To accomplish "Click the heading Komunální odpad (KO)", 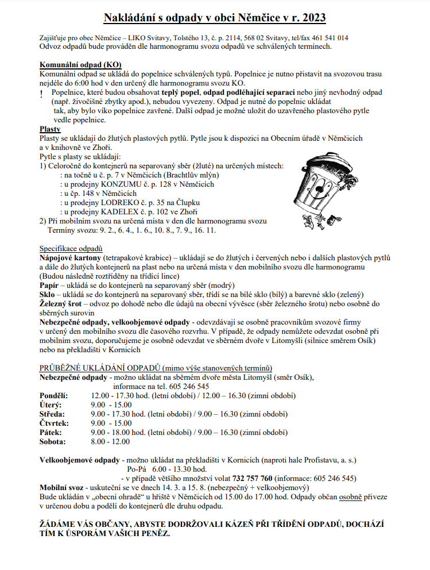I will click(x=80, y=64).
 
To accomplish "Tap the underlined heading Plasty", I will click(x=50, y=129).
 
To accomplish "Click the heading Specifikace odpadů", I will click(x=71, y=248).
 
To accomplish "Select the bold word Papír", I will click(x=49, y=285).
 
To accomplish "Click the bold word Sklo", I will click(x=48, y=294).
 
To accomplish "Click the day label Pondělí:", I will click(x=53, y=396).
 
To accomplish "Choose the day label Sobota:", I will click(x=52, y=442).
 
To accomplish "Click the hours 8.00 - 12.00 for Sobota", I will click(x=111, y=442).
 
